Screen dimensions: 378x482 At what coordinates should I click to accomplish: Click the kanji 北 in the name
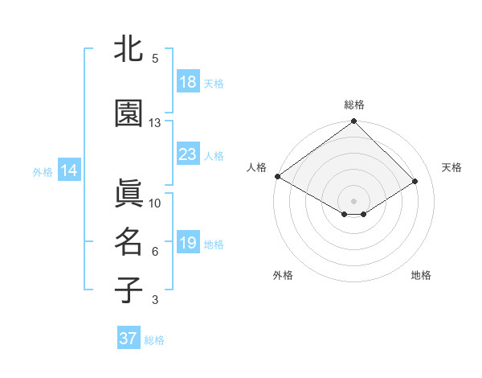129,49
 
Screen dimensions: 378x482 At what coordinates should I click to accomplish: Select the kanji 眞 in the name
129,194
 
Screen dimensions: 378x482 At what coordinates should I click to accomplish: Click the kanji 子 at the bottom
129,290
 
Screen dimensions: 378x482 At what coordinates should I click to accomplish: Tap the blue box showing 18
188,82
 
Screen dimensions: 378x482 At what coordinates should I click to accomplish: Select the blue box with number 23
188,154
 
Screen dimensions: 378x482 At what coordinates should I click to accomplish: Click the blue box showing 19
188,243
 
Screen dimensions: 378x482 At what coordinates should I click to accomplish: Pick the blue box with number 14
69,171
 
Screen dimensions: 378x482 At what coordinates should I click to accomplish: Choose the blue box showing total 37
129,339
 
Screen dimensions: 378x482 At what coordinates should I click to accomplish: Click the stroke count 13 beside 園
155,123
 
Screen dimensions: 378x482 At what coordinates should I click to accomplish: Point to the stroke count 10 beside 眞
155,203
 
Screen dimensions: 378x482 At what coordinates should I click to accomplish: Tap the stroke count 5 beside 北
155,59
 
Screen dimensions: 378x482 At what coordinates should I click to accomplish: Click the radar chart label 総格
354,105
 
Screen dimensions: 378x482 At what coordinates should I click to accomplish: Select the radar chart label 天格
451,167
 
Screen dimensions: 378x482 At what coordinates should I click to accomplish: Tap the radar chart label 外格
283,275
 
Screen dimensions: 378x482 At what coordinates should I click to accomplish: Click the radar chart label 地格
421,275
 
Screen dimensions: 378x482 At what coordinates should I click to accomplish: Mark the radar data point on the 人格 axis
277,176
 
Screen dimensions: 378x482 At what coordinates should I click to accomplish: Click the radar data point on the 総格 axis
353,122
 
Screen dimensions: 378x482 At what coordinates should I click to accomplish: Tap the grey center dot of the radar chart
353,200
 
